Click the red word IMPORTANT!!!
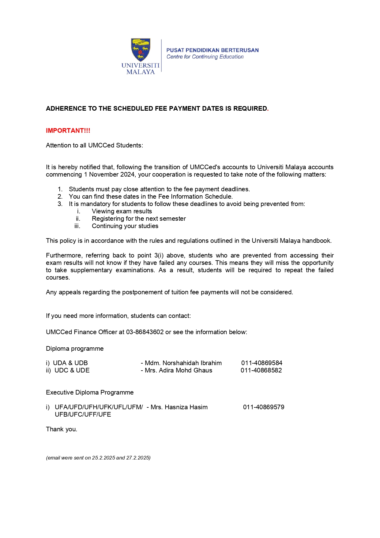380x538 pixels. pyautogui.click(x=68, y=131)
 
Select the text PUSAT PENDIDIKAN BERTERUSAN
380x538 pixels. pyautogui.click(x=213, y=50)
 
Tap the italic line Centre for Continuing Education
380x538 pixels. pyautogui.click(x=205, y=57)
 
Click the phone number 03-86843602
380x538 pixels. pyautogui.click(x=145, y=332)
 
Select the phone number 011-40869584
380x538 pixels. pyautogui.click(x=261, y=363)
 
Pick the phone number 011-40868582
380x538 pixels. pyautogui.click(x=261, y=370)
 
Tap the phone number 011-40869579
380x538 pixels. pyautogui.click(x=264, y=407)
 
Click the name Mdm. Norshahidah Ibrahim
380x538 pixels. pyautogui.click(x=183, y=363)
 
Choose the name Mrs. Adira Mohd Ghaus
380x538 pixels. pyautogui.click(x=179, y=370)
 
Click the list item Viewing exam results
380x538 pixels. pyautogui.click(x=122, y=211)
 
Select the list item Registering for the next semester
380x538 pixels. pyautogui.click(x=139, y=219)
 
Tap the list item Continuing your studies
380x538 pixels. pyautogui.click(x=125, y=226)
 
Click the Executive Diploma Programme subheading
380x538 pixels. pyautogui.click(x=90, y=392)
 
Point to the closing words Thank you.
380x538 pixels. pyautogui.click(x=62, y=429)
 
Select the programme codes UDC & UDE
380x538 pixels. pyautogui.click(x=72, y=370)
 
